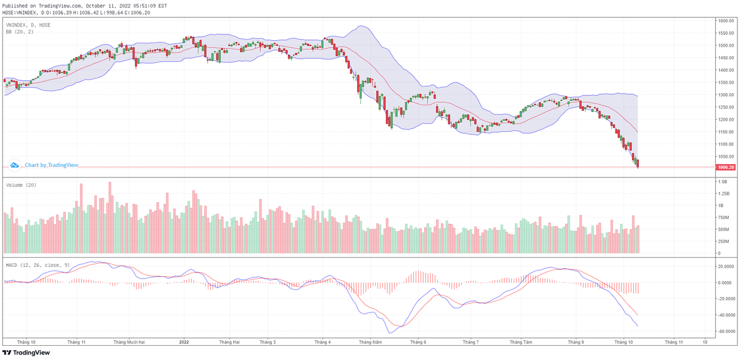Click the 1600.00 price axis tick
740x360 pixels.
(x=724, y=21)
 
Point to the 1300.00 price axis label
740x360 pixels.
(x=724, y=95)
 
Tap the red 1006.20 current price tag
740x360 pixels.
(x=725, y=167)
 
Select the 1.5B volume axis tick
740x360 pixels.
(x=722, y=182)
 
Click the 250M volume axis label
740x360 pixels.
(x=723, y=241)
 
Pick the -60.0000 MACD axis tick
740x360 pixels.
(x=726, y=331)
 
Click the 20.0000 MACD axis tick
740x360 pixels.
(x=726, y=266)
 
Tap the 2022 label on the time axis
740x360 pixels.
(x=183, y=341)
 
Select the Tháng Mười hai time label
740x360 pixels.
(x=129, y=341)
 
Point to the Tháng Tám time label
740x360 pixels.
(x=522, y=341)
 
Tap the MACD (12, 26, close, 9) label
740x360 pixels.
(x=38, y=264)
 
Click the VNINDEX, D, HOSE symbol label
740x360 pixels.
(x=28, y=25)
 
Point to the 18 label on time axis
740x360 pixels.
(x=705, y=341)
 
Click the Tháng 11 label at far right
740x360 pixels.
(x=673, y=341)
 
